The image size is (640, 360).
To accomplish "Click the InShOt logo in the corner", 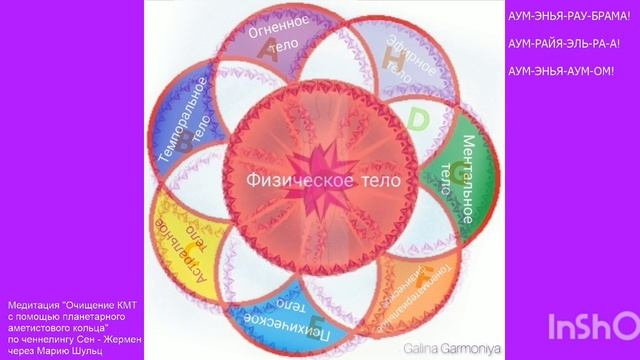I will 594,326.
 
